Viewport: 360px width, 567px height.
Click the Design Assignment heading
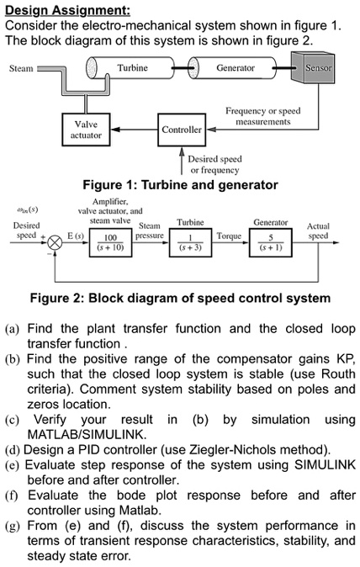point(67,9)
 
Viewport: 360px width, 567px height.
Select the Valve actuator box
point(86,130)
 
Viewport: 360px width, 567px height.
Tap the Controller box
point(182,130)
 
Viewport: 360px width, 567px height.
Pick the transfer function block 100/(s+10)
point(111,242)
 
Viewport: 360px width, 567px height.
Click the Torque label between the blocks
point(228,238)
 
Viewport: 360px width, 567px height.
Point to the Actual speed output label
point(318,231)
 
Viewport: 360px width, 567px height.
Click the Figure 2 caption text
point(180,298)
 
